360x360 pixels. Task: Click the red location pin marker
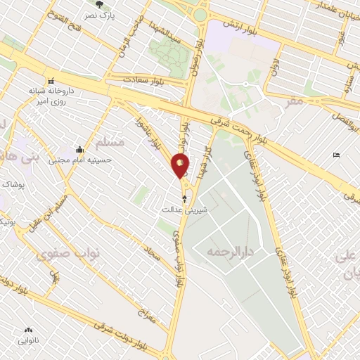[x=181, y=165]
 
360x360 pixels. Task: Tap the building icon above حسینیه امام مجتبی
[x=79, y=149]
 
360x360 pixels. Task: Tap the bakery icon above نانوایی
[x=28, y=330]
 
